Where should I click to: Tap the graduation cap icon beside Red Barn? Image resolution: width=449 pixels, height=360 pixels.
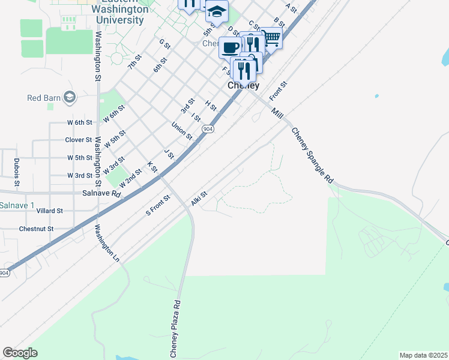click(70, 97)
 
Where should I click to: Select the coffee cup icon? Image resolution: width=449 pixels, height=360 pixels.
click(230, 47)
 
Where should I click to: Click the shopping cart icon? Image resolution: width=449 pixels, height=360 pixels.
click(271, 38)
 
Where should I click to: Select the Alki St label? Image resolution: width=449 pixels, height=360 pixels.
click(199, 199)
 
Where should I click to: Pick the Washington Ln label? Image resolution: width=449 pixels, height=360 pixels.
click(107, 242)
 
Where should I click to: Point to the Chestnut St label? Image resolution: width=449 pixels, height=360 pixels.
click(37, 229)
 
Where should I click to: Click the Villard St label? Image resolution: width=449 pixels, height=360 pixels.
click(49, 211)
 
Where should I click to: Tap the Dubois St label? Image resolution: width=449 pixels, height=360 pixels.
click(16, 173)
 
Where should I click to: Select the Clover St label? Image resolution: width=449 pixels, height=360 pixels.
click(78, 140)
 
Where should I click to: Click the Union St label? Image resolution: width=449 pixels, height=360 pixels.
click(181, 131)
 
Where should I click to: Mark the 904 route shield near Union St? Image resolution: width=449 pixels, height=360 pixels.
click(208, 129)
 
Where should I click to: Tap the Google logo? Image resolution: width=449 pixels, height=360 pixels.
click(20, 352)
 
